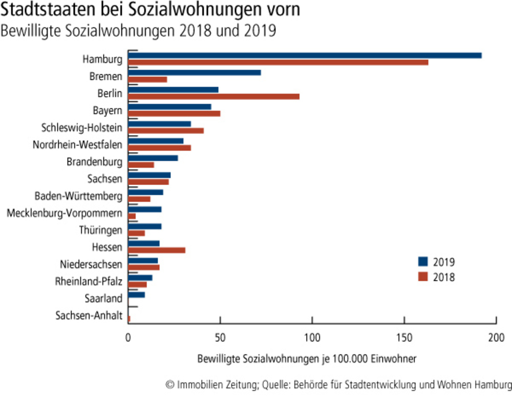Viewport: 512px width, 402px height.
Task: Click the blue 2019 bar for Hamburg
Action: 305,55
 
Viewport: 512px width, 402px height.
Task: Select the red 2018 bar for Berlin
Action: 214,96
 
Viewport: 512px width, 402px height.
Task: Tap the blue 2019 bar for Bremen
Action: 195,73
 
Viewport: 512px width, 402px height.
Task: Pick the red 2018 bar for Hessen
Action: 157,250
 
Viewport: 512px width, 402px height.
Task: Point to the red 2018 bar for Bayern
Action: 174,114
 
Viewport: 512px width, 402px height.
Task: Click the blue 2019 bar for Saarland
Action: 136,295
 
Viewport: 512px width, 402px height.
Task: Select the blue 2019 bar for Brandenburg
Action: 153,158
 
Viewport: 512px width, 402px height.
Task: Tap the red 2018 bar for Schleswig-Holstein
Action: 166,130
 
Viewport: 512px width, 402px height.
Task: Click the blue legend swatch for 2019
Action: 422,262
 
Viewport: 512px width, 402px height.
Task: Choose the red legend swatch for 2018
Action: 422,277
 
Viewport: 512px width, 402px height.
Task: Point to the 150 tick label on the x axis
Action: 404,337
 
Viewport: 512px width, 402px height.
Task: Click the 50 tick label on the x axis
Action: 220,337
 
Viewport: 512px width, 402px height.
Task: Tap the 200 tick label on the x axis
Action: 496,337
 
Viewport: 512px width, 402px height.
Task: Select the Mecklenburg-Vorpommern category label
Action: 65,213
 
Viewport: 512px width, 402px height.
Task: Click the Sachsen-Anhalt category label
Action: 89,316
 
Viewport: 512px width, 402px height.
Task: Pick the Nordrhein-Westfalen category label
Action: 77,145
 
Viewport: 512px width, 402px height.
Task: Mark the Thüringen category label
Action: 101,230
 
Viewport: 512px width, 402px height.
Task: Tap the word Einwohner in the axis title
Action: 394,359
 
